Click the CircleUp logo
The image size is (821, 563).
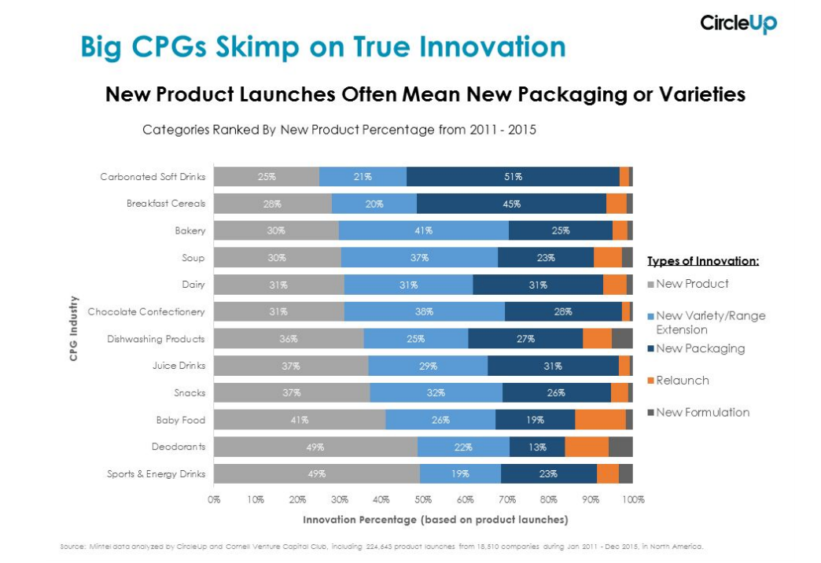pyautogui.click(x=738, y=23)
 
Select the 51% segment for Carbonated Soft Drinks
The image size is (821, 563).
pyautogui.click(x=513, y=177)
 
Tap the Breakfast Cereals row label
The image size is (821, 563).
pyautogui.click(x=166, y=204)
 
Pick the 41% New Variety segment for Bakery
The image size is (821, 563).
pyautogui.click(x=423, y=230)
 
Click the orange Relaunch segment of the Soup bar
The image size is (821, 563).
pyautogui.click(x=607, y=257)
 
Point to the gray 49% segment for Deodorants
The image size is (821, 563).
pyautogui.click(x=315, y=447)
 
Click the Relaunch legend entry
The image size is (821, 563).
pyautogui.click(x=683, y=381)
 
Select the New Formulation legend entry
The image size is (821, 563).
pyautogui.click(x=702, y=412)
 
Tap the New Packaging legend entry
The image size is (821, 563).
pyautogui.click(x=700, y=348)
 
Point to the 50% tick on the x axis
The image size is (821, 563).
pyautogui.click(x=423, y=499)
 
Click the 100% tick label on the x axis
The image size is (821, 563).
pyautogui.click(x=633, y=499)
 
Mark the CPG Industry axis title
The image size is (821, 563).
pyautogui.click(x=74, y=328)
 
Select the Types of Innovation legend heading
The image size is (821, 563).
pyautogui.click(x=702, y=261)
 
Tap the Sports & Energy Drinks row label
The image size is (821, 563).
pyautogui.click(x=156, y=473)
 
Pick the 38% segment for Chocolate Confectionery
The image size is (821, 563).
pyautogui.click(x=424, y=311)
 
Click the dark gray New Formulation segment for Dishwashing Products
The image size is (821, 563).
pyautogui.click(x=622, y=339)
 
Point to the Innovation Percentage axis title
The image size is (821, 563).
pyautogui.click(x=435, y=520)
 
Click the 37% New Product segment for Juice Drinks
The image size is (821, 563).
pyautogui.click(x=291, y=366)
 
